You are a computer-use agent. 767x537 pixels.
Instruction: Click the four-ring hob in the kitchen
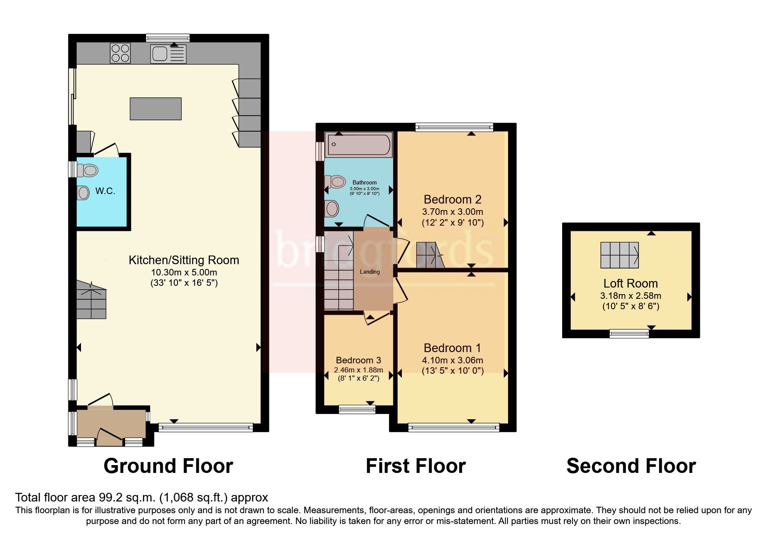tap(120, 53)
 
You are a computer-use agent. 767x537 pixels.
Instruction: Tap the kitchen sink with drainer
tap(168, 54)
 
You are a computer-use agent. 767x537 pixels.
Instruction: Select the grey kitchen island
tap(155, 109)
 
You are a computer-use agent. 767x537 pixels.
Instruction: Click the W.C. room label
tap(105, 191)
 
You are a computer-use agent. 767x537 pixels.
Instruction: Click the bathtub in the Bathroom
tap(359, 145)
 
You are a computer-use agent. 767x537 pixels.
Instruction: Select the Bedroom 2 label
tap(453, 199)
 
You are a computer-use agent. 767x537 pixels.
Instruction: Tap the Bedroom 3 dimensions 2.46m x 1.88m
tap(358, 370)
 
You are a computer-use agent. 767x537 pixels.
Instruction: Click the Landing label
tap(369, 272)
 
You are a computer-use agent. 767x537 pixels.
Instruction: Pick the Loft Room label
tap(631, 283)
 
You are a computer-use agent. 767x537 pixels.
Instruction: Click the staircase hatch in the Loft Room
tap(619, 255)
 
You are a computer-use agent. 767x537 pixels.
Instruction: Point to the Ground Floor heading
tap(168, 466)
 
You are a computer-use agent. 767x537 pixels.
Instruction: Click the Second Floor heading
tap(631, 466)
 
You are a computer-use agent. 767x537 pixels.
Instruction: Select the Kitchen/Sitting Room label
tap(184, 260)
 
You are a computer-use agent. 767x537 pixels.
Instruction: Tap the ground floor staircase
tap(91, 300)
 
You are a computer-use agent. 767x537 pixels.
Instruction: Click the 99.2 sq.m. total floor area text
tap(141, 497)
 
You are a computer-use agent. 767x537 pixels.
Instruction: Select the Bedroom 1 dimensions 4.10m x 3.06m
tap(453, 360)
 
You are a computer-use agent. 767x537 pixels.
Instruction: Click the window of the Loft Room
tap(629, 333)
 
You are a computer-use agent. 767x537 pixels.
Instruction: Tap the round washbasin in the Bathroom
tap(332, 209)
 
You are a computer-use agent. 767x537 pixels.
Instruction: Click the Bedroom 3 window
tap(357, 409)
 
